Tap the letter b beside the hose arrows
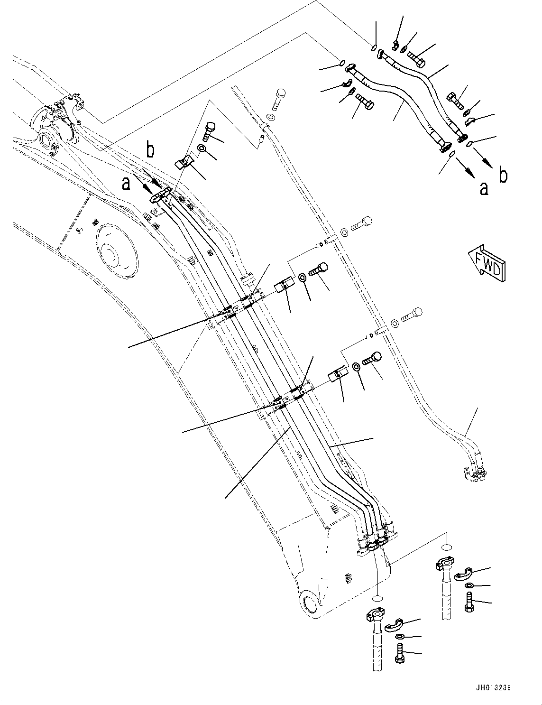click(504, 175)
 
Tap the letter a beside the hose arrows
click(484, 188)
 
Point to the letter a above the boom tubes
click(126, 183)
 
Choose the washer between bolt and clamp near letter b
click(201, 149)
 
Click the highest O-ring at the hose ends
click(374, 47)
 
